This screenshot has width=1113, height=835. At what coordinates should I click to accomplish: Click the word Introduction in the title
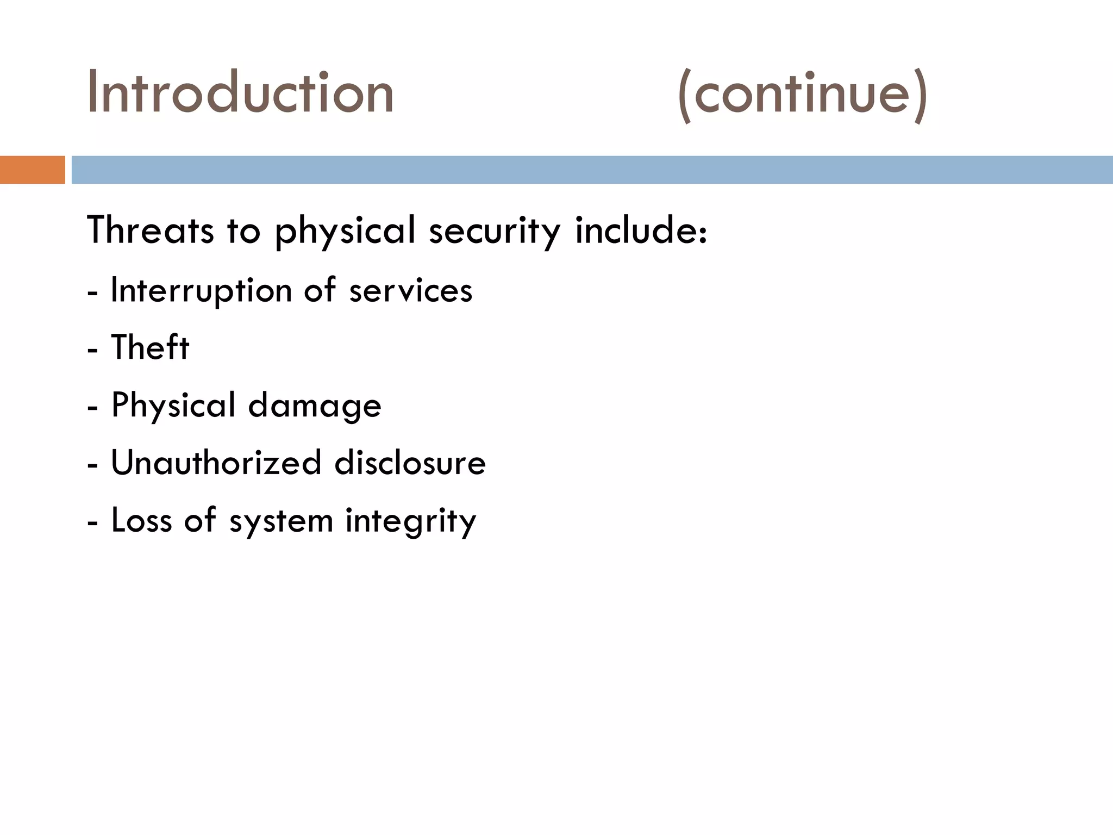[x=240, y=92]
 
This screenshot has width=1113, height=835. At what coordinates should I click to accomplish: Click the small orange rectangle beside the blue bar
[x=32, y=170]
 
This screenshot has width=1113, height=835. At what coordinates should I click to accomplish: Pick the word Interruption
[x=202, y=291]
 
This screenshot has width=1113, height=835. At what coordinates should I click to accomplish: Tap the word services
[x=410, y=291]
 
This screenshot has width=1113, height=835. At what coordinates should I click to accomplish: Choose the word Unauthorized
[x=216, y=463]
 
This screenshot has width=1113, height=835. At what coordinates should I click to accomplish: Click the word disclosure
[x=410, y=463]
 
